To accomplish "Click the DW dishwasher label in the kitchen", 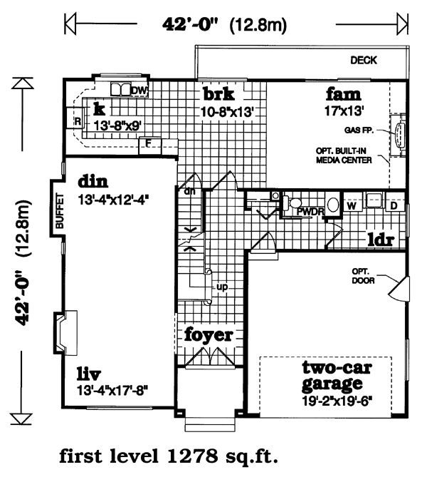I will [x=139, y=90].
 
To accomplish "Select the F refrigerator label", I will [x=148, y=143].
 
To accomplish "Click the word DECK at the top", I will [x=363, y=61].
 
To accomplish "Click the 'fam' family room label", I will [x=343, y=94].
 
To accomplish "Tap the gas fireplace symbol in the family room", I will [x=399, y=133].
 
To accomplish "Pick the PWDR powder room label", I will [x=310, y=211].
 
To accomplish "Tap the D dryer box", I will [x=393, y=205].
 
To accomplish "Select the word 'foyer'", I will [x=209, y=334].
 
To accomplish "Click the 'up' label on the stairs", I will [x=221, y=287].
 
